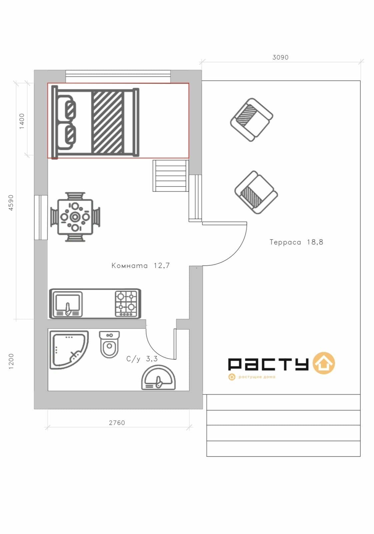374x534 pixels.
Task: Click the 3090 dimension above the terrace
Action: tap(280, 57)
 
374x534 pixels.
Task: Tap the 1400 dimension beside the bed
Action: tap(22, 121)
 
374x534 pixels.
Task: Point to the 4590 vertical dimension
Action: tap(11, 203)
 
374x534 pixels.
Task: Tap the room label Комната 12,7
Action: tap(140, 265)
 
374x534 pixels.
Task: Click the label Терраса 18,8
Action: tap(296, 242)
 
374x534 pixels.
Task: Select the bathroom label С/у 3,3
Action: tap(142, 359)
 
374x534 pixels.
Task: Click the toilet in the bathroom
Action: tap(109, 344)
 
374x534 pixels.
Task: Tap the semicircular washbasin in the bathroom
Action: tap(159, 378)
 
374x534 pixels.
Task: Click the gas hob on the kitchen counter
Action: tap(126, 303)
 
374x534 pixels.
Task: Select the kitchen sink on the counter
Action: tap(67, 304)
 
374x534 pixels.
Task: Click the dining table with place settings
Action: tap(75, 217)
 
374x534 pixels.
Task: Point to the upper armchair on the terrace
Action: tap(252, 120)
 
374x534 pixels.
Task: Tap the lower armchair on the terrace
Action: tap(256, 192)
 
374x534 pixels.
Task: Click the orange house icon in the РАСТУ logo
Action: tap(323, 363)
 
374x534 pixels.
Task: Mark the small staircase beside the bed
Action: tap(171, 176)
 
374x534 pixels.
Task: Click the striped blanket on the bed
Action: tap(108, 122)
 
